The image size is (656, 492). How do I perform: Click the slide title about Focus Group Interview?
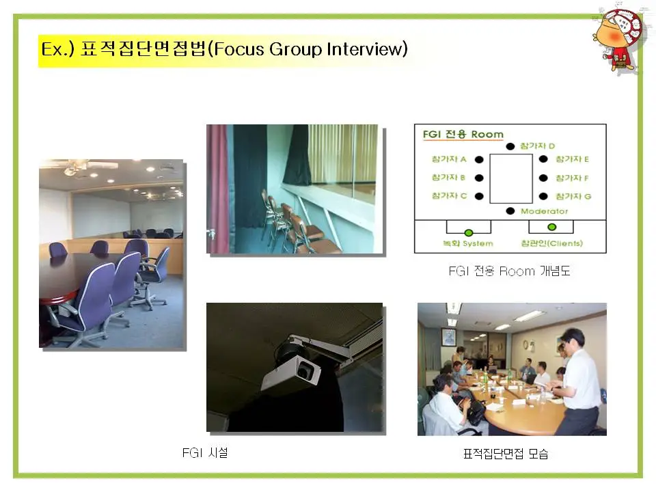tap(223, 50)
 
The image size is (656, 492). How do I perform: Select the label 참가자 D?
tap(537, 146)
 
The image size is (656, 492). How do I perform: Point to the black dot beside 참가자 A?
tap(479, 159)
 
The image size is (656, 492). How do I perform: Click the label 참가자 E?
tap(572, 159)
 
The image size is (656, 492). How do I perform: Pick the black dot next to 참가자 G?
tap(543, 197)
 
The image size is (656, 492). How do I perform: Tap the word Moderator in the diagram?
tap(544, 211)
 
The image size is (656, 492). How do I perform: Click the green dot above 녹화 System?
tap(469, 232)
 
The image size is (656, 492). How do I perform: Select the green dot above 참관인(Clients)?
tap(551, 228)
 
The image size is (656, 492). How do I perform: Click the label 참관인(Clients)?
tap(551, 244)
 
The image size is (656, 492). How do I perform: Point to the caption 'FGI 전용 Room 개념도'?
tap(509, 271)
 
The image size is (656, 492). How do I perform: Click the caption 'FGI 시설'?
tap(205, 452)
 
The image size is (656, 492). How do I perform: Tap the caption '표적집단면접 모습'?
tap(506, 454)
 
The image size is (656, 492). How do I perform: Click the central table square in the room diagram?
tap(511, 178)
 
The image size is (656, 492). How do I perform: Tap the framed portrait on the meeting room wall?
tap(448, 337)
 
